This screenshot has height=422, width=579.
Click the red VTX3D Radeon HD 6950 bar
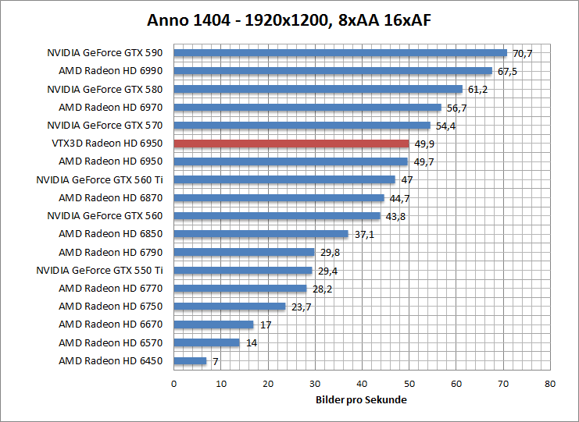pos(291,144)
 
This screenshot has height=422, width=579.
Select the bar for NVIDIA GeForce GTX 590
pos(340,53)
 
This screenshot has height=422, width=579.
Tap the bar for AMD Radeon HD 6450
pos(190,361)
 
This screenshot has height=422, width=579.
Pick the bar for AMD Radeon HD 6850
pos(260,234)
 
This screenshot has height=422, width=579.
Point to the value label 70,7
pos(522,53)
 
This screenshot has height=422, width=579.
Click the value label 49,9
pos(424,144)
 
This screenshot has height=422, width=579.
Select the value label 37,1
pos(364,234)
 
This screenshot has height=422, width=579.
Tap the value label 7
pos(214,361)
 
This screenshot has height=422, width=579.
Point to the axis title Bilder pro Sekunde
pos(361,400)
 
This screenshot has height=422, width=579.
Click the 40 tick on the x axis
pos(362,384)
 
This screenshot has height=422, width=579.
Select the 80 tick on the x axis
pos(550,384)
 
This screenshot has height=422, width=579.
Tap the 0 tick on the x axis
pos(173,384)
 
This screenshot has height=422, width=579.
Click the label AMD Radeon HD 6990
pos(110,71)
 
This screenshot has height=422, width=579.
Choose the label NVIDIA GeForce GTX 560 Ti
pos(99,179)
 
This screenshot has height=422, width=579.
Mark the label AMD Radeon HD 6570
pos(110,342)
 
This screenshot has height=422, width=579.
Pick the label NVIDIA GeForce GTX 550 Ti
pos(99,270)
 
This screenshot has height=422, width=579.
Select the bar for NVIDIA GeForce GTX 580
pos(317,89)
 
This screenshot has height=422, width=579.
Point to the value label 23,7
pos(302,307)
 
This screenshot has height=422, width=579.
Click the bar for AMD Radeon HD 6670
pos(213,324)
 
